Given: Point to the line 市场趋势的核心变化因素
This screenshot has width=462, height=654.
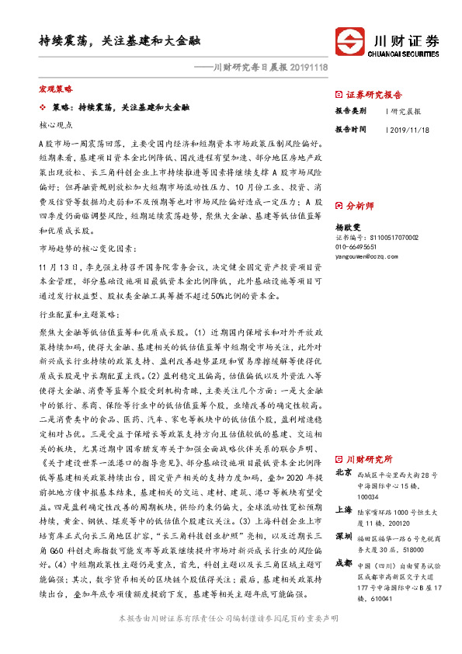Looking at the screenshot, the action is pos(87,249).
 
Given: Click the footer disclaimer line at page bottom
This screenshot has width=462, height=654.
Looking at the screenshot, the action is pos(231,639).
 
